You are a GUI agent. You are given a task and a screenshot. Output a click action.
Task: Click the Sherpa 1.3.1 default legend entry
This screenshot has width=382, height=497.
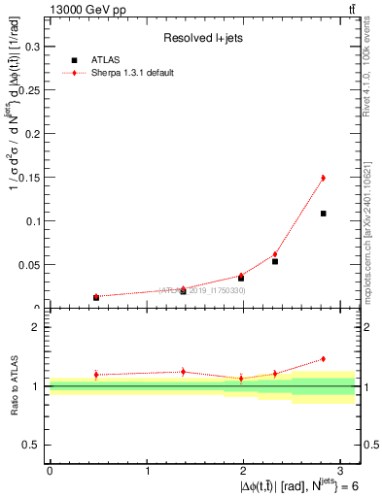pyautogui.click(x=132, y=73)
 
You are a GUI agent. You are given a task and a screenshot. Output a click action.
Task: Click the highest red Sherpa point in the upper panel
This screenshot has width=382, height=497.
pyautogui.click(x=323, y=178)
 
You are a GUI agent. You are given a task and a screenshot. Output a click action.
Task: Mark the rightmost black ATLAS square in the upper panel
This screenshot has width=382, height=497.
pyautogui.click(x=323, y=214)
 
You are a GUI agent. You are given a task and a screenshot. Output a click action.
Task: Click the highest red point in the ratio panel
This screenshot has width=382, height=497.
pyautogui.click(x=323, y=359)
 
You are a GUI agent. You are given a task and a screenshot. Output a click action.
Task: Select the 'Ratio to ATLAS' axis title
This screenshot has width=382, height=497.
pyautogui.click(x=14, y=385)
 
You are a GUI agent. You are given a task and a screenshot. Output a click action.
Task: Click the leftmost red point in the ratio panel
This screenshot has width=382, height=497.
pyautogui.click(x=96, y=375)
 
